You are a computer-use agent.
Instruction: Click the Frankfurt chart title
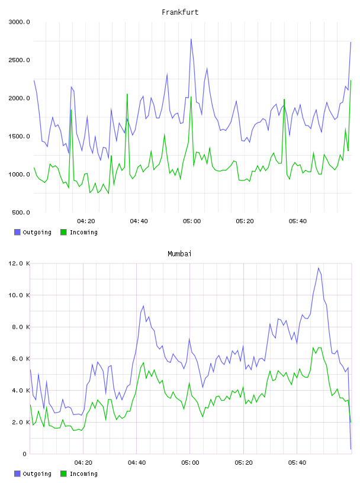tap(180, 12)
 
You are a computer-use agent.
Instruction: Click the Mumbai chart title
tap(179, 254)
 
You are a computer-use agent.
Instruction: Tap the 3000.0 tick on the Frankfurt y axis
tap(19, 22)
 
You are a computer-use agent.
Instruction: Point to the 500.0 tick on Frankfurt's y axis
tap(21, 212)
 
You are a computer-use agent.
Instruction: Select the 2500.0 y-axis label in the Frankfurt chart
tap(19, 60)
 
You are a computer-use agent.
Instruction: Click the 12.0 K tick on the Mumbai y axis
tap(19, 263)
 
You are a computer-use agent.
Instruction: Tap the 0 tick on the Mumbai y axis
tap(24, 454)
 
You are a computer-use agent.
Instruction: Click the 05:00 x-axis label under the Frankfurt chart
tap(192, 221)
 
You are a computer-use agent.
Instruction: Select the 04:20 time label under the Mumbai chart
tap(83, 463)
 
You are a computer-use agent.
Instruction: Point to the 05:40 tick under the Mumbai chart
tap(297, 463)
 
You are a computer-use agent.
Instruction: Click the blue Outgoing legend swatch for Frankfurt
tap(17, 232)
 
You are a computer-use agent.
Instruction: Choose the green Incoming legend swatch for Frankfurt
tap(63, 232)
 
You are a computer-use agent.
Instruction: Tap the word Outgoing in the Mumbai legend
tap(37, 474)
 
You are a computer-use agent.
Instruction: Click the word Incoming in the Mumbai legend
tap(83, 474)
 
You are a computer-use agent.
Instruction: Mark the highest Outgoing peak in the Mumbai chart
tap(319, 268)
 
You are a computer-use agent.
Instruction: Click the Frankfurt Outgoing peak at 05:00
tap(191, 39)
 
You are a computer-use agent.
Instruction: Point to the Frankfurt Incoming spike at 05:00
tap(191, 97)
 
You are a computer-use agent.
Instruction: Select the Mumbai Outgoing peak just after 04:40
tap(143, 306)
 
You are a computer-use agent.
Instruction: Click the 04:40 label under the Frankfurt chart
tap(139, 221)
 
